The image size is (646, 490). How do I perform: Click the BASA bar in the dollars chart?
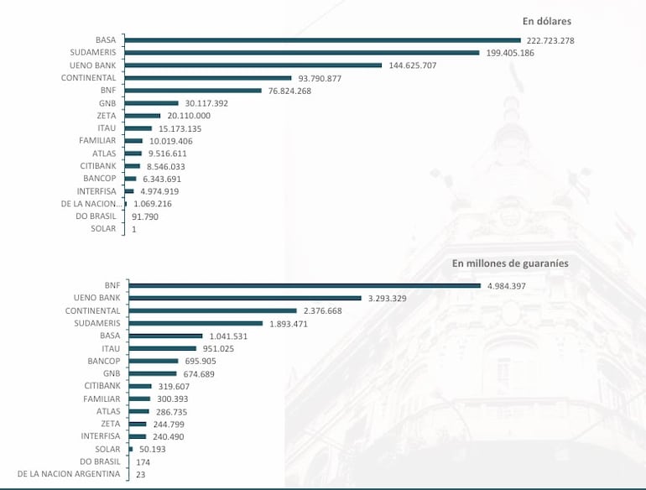point(323,39)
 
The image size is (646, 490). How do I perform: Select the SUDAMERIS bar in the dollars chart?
point(302,52)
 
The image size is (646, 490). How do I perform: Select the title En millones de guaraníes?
point(510,263)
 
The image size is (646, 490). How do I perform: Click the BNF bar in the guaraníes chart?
point(303,285)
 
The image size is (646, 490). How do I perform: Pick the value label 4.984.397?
point(513,285)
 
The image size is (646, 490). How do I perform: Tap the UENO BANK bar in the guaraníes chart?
point(243,298)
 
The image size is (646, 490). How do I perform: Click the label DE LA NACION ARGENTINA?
point(69,474)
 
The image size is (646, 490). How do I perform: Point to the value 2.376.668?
point(328,310)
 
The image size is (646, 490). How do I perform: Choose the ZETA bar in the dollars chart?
point(143,116)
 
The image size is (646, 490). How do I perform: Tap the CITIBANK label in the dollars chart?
point(98,166)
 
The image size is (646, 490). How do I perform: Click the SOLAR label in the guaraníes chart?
point(107,449)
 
